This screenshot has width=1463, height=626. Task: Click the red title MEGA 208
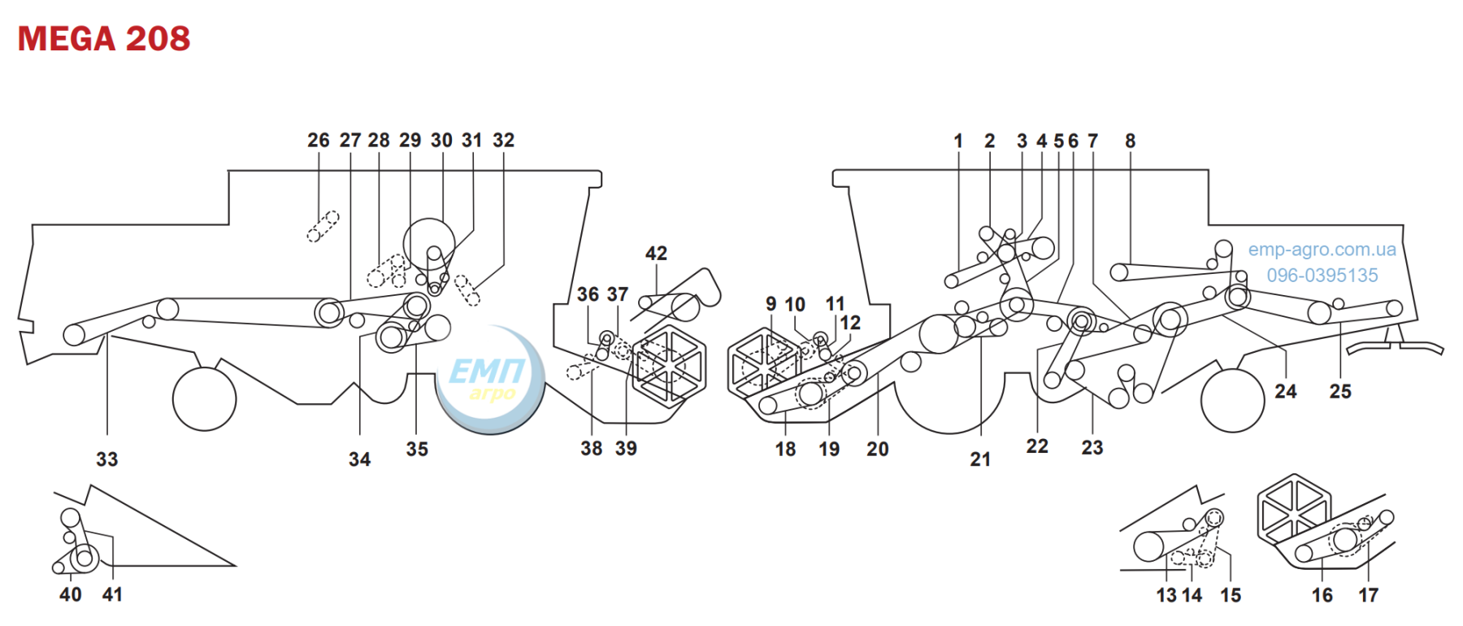tap(104, 38)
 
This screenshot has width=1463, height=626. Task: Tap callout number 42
tap(656, 254)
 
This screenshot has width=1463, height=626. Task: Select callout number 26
tap(319, 140)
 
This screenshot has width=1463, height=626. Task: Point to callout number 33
tap(107, 459)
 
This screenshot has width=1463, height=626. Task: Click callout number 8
tap(1130, 141)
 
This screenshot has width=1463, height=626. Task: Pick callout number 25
tap(1340, 392)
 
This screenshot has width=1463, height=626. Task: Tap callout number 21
tap(980, 459)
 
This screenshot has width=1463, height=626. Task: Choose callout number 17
tap(1369, 595)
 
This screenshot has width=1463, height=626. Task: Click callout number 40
tap(71, 594)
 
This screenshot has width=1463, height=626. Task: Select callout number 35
tap(417, 449)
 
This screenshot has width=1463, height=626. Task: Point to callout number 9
tap(771, 304)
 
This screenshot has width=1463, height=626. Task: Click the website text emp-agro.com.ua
tap(1322, 250)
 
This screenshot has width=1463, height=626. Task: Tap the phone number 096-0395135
tap(1322, 276)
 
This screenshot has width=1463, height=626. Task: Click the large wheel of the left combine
tap(205, 399)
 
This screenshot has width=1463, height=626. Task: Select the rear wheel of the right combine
tap(1232, 401)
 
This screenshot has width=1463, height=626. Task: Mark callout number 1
tap(958, 141)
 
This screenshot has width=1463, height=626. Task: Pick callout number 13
tap(1166, 595)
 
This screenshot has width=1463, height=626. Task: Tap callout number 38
tap(592, 449)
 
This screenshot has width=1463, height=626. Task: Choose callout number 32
tap(504, 140)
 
